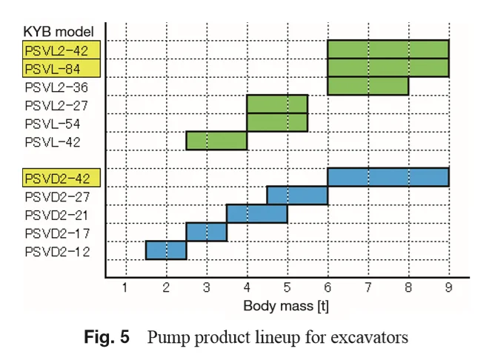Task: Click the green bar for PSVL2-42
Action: point(388,49)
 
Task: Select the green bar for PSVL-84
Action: point(388,67)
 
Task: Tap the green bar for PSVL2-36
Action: point(368,86)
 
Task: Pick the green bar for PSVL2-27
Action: point(276,104)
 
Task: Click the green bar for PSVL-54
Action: point(276,122)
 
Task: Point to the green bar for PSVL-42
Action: point(216,141)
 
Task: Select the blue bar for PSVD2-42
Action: point(388,177)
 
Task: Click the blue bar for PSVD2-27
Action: point(296,196)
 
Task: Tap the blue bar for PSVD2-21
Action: point(256,214)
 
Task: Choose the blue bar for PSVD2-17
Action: point(206,232)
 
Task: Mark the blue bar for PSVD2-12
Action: point(166,250)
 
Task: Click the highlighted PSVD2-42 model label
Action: point(62,179)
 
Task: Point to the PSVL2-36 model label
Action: point(62,87)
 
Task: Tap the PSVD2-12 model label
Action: point(62,252)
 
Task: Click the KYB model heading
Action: point(59,32)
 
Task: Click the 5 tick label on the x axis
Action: point(287,287)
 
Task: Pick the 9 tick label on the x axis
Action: point(448,287)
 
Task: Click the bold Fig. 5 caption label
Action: point(108,339)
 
